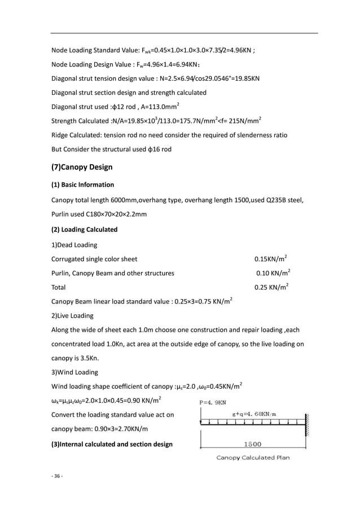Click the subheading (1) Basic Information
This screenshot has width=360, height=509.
pos(82,185)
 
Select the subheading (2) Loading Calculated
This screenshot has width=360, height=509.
pos(84,230)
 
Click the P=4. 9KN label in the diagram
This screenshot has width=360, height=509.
pos(213,403)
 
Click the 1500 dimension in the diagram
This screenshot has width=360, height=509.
pos(252,444)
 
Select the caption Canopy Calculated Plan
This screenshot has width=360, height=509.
pos(253,458)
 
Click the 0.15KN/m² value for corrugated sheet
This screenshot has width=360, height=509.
pos(270,260)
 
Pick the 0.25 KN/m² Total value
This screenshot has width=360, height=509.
pos(271,287)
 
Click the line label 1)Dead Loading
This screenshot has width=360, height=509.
pos(74,245)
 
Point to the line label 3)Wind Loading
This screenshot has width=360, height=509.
pos(74,372)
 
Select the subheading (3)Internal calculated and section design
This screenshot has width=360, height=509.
pos(112,444)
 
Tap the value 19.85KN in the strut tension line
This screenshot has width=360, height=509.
pos(246,77)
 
